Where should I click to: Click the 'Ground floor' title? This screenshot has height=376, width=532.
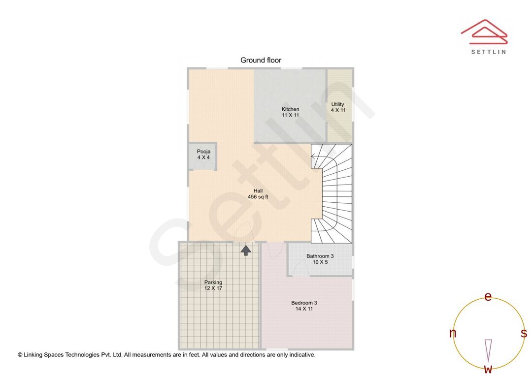[261, 61]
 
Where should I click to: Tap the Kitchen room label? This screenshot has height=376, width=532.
[290, 109]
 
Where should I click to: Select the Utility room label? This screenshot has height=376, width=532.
[338, 104]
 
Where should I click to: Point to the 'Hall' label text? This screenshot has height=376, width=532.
[258, 191]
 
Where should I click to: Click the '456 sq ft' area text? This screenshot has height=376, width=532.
[258, 197]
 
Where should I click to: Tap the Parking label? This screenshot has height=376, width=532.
[213, 282]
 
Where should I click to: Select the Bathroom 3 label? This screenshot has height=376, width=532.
[320, 256]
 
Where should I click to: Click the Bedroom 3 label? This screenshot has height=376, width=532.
[304, 303]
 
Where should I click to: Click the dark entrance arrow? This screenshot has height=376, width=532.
[246, 250]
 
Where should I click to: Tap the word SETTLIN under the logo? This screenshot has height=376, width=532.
[488, 52]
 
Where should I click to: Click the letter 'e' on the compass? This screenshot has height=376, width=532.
[488, 296]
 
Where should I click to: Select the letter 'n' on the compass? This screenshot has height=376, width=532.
[453, 333]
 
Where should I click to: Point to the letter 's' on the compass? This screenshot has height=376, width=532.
[524, 333]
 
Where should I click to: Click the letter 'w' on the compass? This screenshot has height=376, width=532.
[488, 369]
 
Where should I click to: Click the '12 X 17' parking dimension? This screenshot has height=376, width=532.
[213, 288]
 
